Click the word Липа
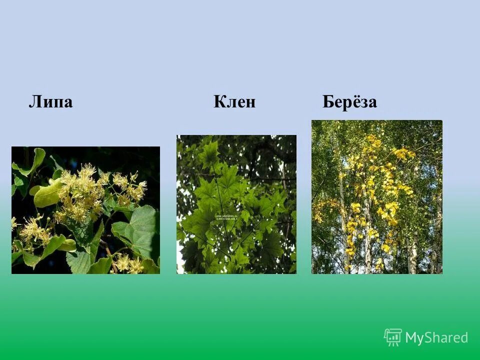point(50,102)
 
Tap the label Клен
point(234,102)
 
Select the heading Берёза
point(349,101)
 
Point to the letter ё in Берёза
point(350,101)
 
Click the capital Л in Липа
point(34,102)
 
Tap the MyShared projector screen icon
point(393,337)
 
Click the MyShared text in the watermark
point(436,337)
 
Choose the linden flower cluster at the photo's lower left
point(32,230)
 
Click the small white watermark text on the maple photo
point(231,217)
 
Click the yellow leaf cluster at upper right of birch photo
point(402,152)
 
